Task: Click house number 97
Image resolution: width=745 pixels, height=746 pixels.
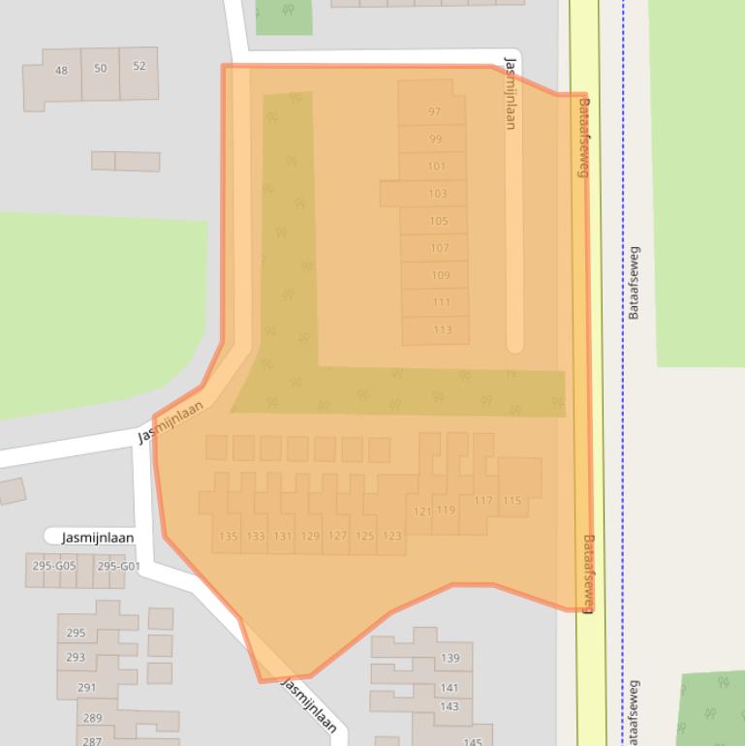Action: point(434,112)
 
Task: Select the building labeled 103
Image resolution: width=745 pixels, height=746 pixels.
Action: point(437,194)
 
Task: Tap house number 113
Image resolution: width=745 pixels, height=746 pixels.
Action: point(442,330)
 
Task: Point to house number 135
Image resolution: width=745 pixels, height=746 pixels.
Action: point(228,536)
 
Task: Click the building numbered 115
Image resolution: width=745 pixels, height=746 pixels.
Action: point(512,501)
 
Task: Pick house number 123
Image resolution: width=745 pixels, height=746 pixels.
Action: point(391,536)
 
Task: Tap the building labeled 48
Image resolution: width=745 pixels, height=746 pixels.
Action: point(62,71)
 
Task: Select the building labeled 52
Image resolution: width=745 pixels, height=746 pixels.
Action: point(140,66)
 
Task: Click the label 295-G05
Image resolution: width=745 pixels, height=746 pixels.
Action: point(53,566)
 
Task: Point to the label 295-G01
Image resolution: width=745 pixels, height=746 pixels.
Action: point(118,566)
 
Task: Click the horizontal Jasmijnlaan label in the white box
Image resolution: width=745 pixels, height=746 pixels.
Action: point(98,538)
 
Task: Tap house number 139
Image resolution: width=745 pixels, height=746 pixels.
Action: point(450,658)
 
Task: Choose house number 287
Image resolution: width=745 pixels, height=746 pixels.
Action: point(91,741)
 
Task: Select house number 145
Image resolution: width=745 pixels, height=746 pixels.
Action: point(472,742)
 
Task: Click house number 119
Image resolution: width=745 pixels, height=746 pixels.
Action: point(446,511)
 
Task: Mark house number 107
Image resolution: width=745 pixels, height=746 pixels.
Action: point(440,248)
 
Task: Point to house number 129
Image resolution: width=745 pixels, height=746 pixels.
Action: point(310,536)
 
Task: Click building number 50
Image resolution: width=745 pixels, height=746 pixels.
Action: point(101,69)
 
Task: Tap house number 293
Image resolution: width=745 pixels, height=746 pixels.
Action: point(76,657)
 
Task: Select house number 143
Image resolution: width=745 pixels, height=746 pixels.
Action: point(450,706)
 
